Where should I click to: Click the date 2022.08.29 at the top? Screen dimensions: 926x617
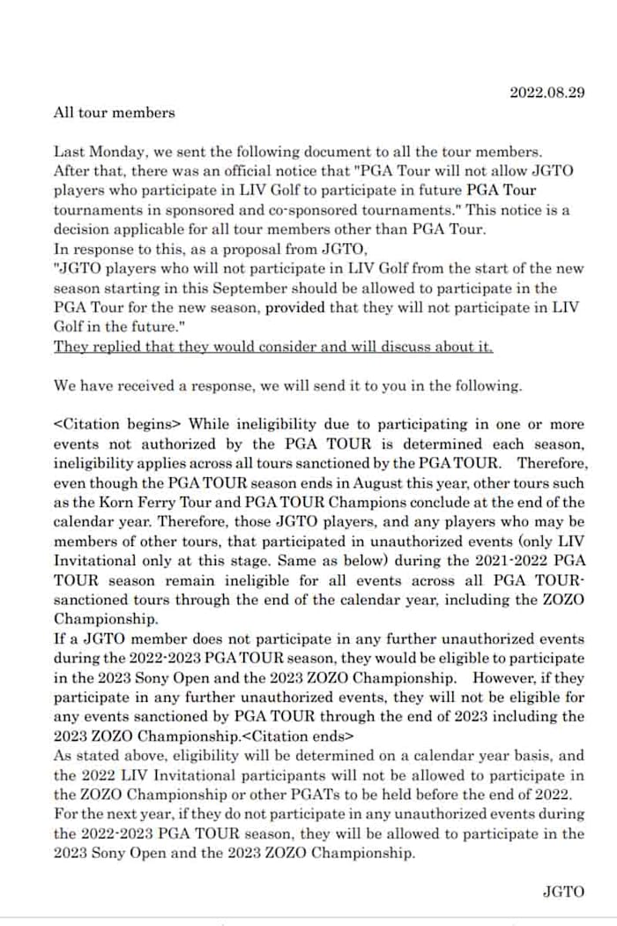(x=547, y=93)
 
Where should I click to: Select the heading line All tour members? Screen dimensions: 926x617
(x=115, y=113)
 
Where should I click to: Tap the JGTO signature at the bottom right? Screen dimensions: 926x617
(x=563, y=892)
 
